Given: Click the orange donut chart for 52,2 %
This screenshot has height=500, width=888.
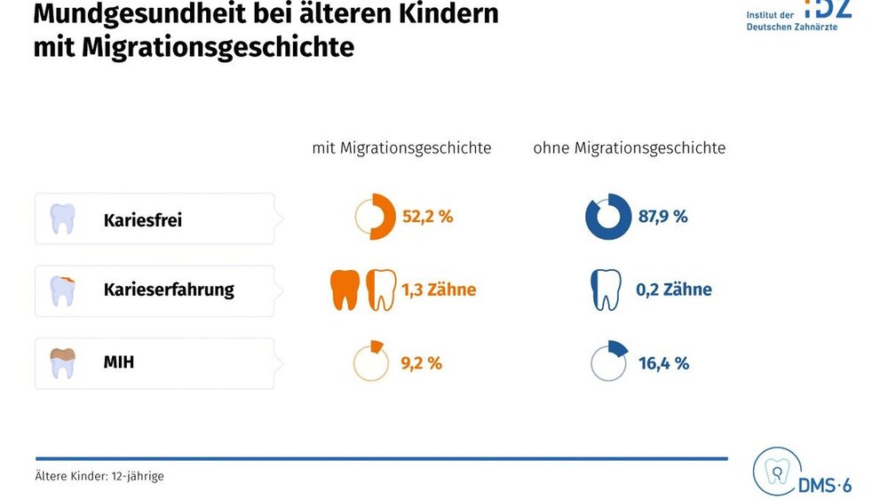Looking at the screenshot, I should pos(374,217).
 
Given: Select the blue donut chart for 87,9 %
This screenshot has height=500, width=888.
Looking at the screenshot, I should pos(607,217).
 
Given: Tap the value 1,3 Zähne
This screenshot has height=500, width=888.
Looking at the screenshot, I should pos(439,290).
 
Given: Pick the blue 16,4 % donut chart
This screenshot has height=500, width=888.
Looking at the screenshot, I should pos(609,361).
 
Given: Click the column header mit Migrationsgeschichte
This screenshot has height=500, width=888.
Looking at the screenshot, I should pos(401,148).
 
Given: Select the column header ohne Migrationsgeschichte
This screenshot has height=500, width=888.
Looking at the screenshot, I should pos(629,148).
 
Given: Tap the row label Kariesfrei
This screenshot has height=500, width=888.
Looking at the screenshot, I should pos(142,219).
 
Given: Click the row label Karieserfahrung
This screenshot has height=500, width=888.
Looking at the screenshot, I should pos(169,290).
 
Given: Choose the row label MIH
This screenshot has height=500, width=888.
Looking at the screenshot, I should pos(119,362).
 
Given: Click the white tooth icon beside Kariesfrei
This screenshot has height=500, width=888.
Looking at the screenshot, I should pos(62,218).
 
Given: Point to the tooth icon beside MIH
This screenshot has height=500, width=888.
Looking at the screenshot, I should pos(62,362).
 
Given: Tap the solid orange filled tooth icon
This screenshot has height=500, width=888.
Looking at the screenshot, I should pos(345,290).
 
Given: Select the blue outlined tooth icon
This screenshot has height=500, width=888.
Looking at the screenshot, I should pos(605,290).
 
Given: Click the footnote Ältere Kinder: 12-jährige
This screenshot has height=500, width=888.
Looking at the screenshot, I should pos(99,476).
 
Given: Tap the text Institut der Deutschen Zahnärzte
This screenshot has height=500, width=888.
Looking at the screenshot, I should pos(791,20).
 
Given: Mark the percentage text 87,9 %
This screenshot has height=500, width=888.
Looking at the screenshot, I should pos(662,217).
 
